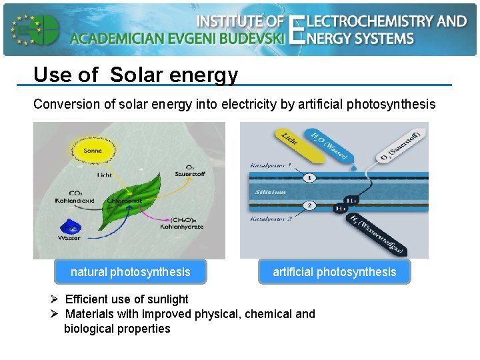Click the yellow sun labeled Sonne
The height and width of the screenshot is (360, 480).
pos(93,150)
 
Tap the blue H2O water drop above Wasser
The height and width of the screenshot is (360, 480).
pos(69,225)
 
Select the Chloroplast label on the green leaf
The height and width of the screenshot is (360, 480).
pos(125,200)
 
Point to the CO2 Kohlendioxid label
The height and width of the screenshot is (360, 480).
pos(74,197)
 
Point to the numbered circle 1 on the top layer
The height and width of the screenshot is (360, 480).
pos(310,178)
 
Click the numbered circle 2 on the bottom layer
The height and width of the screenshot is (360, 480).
pos(310,205)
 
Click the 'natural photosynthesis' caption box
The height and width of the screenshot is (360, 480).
pos(130,271)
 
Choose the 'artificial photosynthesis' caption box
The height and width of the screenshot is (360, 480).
pos(334,271)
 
